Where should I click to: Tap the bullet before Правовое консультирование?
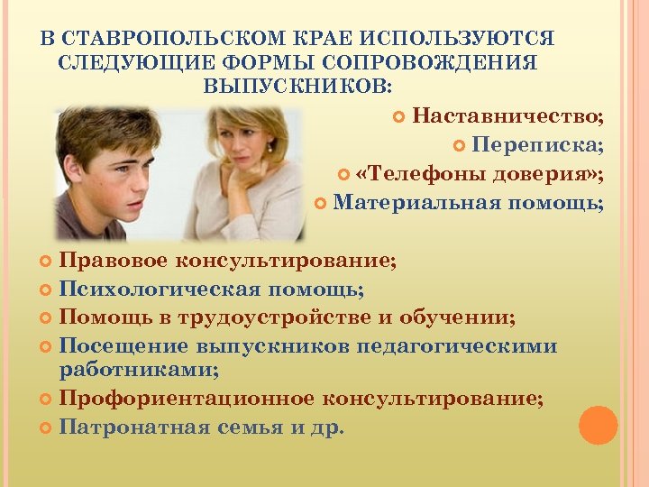click(x=47, y=262)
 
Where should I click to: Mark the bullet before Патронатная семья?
click(x=47, y=427)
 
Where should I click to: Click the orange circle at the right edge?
click(x=598, y=425)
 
